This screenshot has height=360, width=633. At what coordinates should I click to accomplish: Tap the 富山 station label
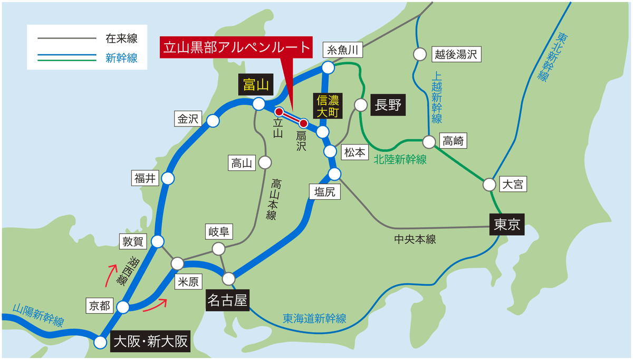[x=256, y=84]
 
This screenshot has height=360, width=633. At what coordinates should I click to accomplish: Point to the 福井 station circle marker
[x=168, y=179]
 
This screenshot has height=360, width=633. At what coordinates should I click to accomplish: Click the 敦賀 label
[x=132, y=242]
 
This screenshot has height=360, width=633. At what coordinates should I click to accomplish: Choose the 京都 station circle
[x=123, y=307]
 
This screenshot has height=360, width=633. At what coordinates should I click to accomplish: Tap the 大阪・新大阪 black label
[x=150, y=342]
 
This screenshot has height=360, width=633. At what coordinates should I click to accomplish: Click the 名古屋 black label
[x=227, y=300]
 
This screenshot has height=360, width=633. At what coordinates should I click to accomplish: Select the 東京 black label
[x=507, y=225]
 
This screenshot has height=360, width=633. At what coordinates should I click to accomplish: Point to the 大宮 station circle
[x=490, y=184]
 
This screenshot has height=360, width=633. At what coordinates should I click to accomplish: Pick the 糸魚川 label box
[x=343, y=50]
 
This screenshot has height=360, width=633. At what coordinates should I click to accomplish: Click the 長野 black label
[x=388, y=104]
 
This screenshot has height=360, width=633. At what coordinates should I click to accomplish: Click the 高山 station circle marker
[x=264, y=162]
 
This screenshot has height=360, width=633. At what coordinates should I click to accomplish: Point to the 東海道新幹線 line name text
[x=314, y=318]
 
